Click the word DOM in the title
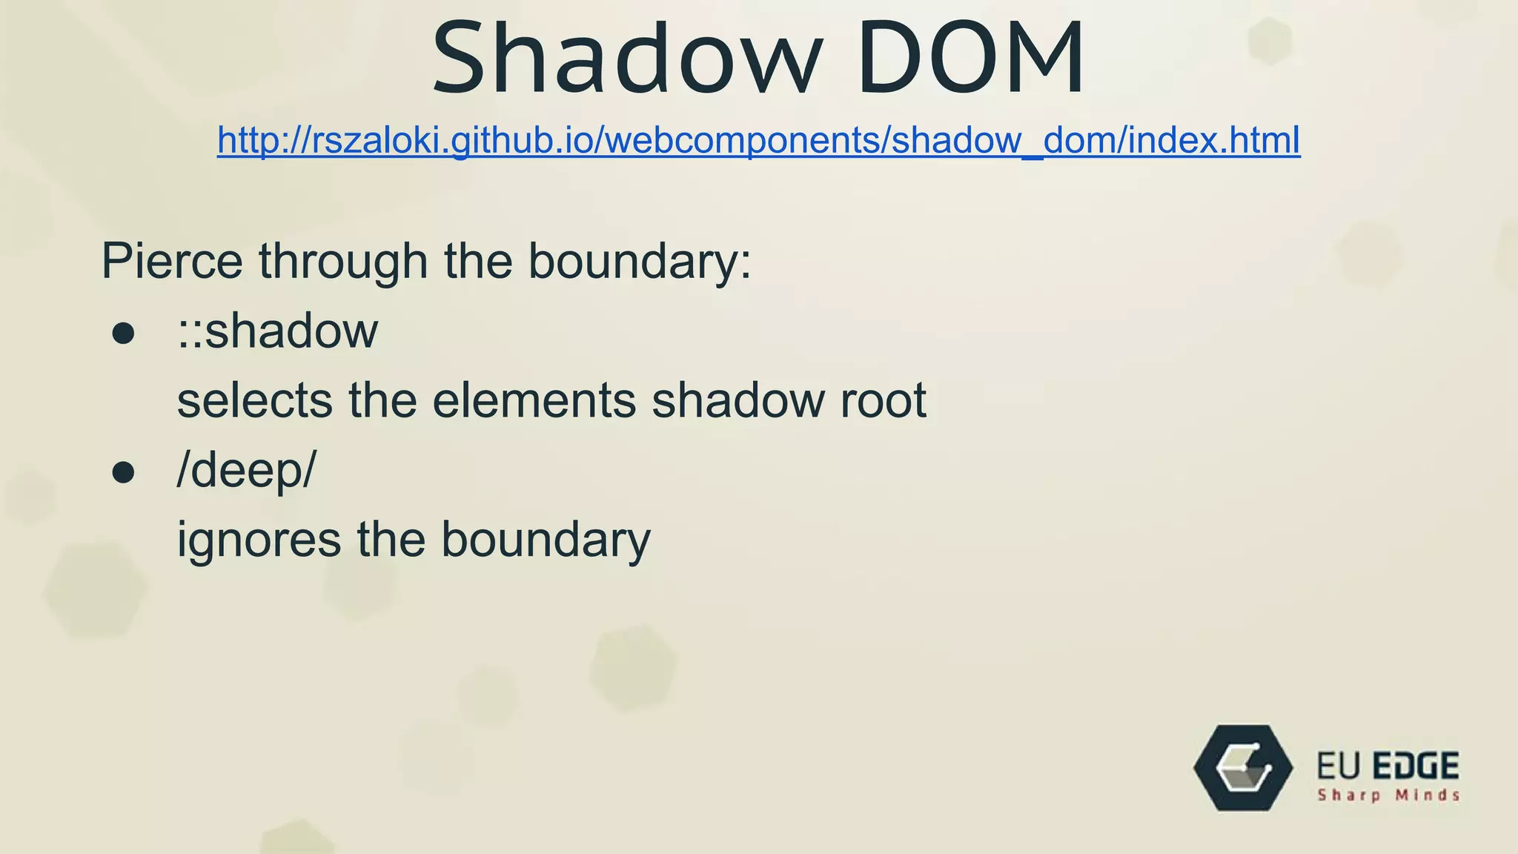[971, 59]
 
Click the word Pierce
[171, 261]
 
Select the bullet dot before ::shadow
[123, 334]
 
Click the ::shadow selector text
[277, 331]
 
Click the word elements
[534, 400]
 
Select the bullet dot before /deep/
[123, 472]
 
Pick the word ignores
[259, 540]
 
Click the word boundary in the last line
[546, 540]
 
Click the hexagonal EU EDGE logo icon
[1243, 767]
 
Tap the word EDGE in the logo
[1415, 766]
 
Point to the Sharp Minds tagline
[1388, 795]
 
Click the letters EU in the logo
[1339, 766]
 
